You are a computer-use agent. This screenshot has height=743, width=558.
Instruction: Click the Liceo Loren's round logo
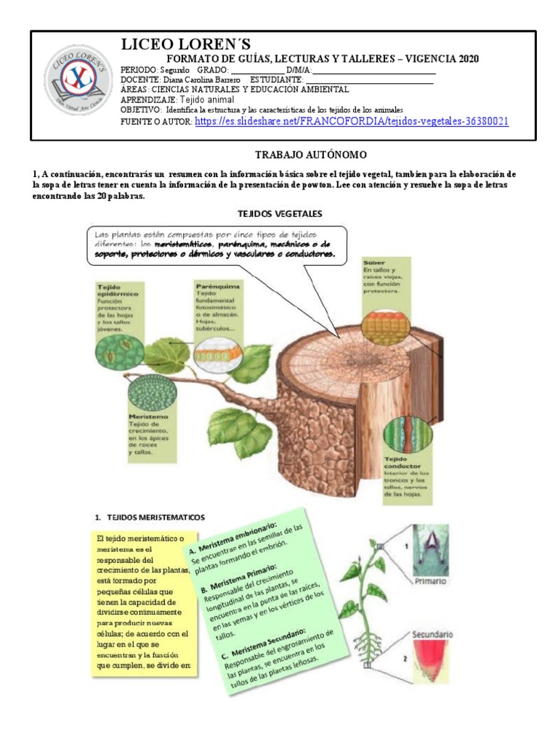tap(77, 80)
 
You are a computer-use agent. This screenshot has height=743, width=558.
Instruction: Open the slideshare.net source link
tap(352, 121)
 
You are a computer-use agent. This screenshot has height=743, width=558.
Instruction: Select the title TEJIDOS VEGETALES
tap(280, 213)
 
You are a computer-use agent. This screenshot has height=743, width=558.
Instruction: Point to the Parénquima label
tap(215, 287)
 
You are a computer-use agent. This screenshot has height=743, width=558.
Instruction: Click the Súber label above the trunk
tap(376, 262)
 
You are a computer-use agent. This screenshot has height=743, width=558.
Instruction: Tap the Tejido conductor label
tap(403, 462)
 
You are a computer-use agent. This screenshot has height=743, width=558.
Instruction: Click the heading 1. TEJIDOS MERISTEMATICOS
tap(150, 517)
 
